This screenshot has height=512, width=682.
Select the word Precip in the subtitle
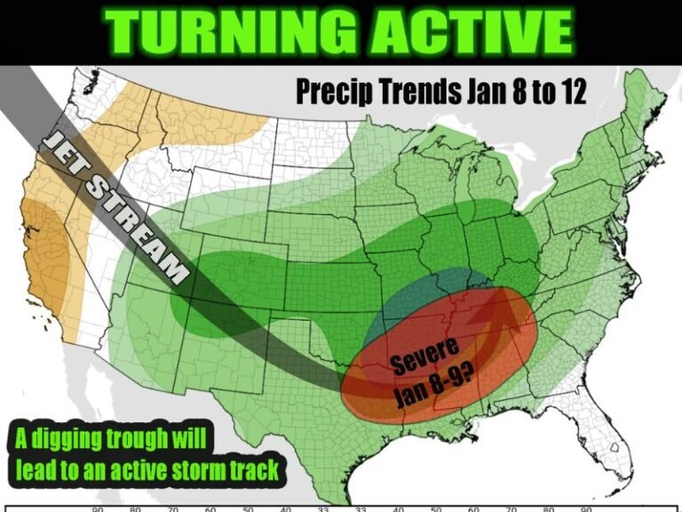click(328, 92)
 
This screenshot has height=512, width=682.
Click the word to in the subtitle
click(535, 92)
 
